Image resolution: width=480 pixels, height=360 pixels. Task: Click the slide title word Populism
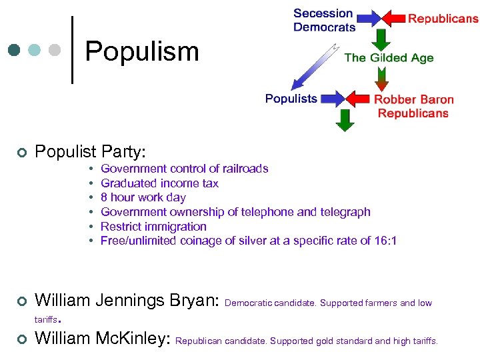(142, 51)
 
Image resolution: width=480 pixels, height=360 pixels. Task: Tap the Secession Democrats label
(324, 20)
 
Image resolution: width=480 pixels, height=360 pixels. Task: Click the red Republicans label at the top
(443, 19)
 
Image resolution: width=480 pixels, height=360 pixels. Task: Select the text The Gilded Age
(389, 58)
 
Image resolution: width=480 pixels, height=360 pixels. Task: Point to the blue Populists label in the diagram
(291, 99)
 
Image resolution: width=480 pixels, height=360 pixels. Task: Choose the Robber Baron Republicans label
(413, 106)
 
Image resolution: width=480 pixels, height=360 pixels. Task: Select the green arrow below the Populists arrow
(345, 119)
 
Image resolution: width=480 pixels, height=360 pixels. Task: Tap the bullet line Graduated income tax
(159, 183)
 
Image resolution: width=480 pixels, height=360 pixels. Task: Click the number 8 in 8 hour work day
(104, 197)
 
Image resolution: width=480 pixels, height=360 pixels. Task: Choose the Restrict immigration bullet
(153, 227)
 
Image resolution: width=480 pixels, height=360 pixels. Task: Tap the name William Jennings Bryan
(127, 301)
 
